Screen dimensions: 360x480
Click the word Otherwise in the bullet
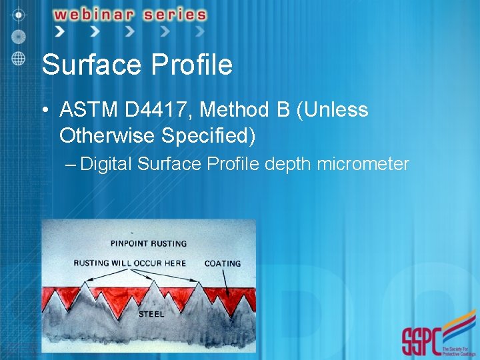[x=107, y=135]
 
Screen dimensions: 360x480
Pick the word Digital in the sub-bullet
[x=107, y=164]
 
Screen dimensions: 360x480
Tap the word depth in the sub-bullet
[x=291, y=164]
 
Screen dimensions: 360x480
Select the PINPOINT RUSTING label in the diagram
[x=149, y=243]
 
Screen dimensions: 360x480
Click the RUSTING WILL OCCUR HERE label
[x=129, y=263]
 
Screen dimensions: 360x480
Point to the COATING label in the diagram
[x=223, y=263]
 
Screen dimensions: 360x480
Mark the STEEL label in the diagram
[x=151, y=314]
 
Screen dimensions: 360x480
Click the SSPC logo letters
[x=422, y=341]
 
